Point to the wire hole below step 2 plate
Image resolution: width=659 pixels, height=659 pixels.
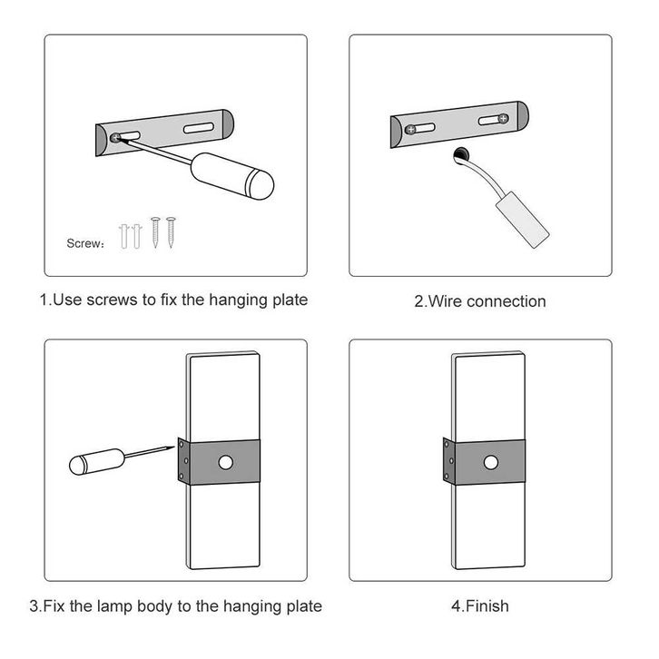(459, 155)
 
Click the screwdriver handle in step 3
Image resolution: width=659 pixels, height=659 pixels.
(91, 464)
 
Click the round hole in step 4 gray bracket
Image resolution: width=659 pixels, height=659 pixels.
(491, 464)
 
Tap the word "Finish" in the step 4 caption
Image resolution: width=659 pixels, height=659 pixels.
(487, 605)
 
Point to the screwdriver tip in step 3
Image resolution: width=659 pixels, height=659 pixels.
(172, 446)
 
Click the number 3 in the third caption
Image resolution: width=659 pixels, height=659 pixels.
(34, 605)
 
